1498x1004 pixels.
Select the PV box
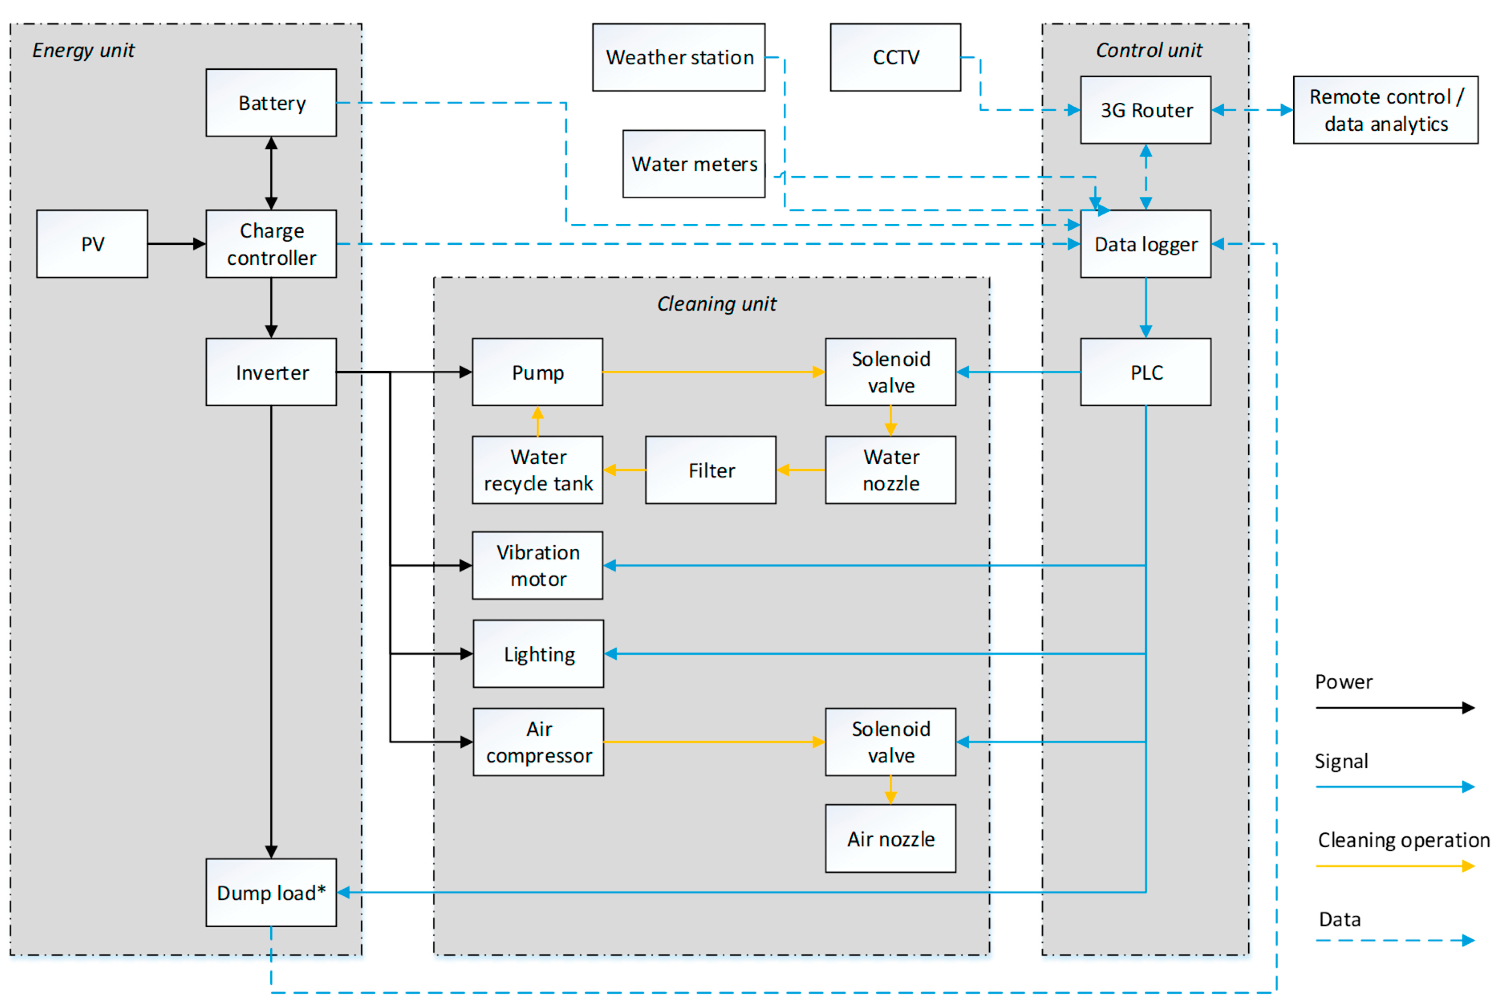pos(92,244)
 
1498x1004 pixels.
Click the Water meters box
pos(694,164)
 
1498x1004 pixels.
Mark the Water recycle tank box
pos(538,470)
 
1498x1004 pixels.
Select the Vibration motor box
pos(538,565)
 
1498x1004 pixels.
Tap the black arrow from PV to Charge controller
pos(176,244)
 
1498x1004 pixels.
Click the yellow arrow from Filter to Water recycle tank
pos(624,470)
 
